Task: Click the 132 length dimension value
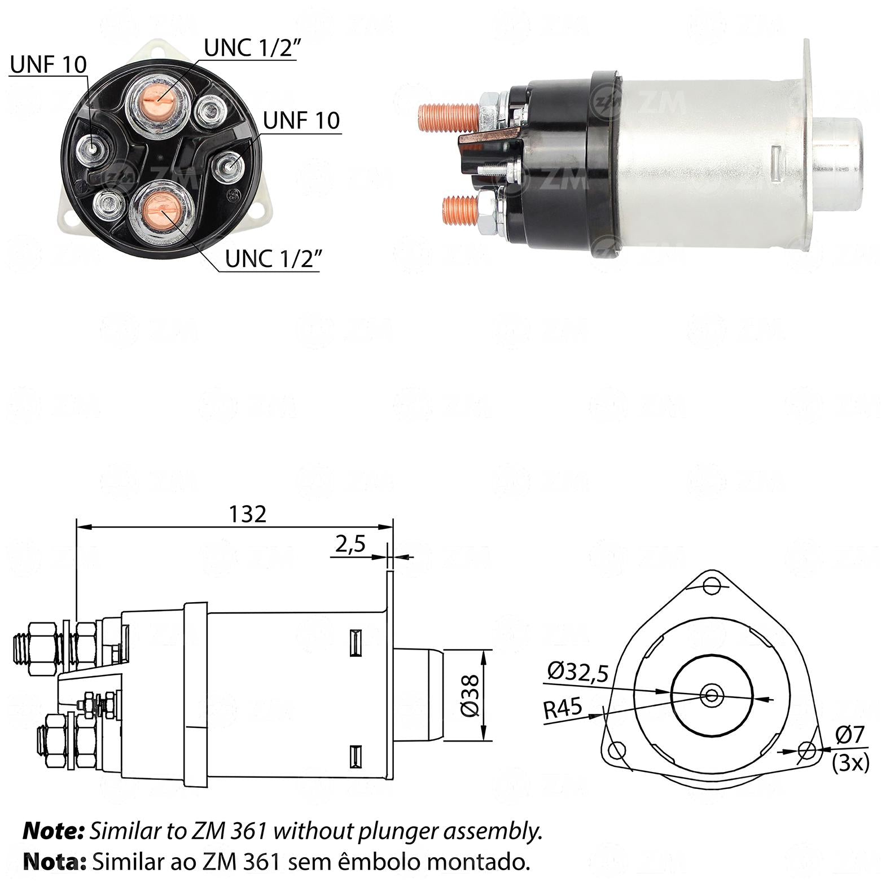click(247, 514)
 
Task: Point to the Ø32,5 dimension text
click(578, 672)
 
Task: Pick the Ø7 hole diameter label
click(850, 735)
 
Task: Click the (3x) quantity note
click(850, 762)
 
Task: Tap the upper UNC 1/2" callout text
click(251, 49)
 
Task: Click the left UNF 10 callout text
click(49, 65)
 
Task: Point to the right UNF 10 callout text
click(302, 120)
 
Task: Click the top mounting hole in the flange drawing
click(712, 585)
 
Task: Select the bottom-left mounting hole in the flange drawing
click(617, 751)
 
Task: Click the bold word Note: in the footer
click(54, 831)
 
